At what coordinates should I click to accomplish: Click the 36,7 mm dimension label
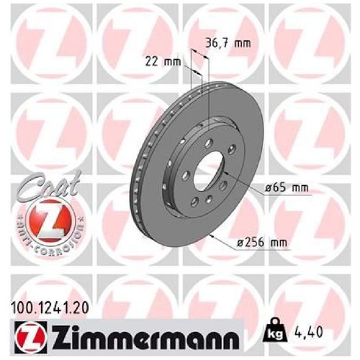tap(228, 43)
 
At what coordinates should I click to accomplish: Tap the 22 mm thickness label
tap(163, 62)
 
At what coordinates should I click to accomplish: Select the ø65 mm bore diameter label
tap(287, 188)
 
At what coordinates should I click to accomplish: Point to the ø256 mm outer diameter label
tap(262, 243)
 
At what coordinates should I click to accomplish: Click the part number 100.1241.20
tap(50, 308)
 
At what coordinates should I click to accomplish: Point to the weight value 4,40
tap(308, 332)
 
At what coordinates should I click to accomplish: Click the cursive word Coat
tap(48, 185)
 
